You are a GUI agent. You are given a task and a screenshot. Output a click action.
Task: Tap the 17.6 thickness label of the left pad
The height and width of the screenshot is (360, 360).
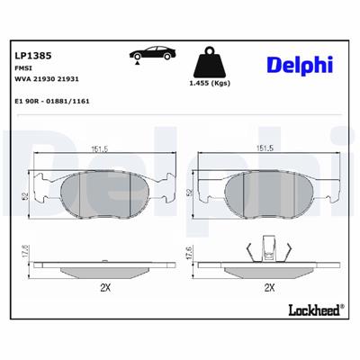27,256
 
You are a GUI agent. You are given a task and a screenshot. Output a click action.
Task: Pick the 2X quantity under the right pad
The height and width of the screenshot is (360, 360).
267,288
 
